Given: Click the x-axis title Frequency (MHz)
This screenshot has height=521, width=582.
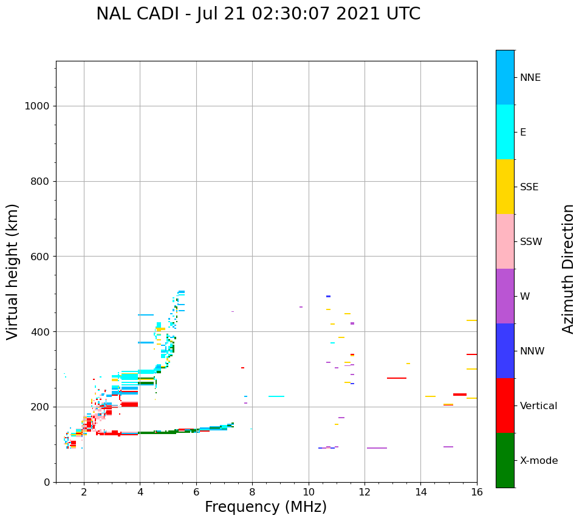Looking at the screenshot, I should (x=265, y=507).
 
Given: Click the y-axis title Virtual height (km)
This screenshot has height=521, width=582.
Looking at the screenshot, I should (x=13, y=272).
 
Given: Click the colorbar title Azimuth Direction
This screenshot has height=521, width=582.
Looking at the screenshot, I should (x=568, y=269).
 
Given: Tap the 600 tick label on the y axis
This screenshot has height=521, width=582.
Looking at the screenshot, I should (x=39, y=257).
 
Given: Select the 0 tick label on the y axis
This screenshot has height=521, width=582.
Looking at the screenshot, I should (x=46, y=482).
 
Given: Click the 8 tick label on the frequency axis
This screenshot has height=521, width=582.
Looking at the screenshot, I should (x=252, y=492).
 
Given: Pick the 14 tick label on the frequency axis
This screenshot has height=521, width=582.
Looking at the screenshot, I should (x=421, y=492).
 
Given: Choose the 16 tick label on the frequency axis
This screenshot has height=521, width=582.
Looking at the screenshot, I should (x=477, y=492).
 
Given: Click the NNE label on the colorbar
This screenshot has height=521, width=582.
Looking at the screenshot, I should (x=530, y=78).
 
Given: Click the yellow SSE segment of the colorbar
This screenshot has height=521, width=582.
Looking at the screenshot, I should (x=505, y=187).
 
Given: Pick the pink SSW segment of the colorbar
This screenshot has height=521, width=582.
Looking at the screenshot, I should (x=505, y=241).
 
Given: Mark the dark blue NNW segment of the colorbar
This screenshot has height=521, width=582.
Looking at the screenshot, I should (x=505, y=351).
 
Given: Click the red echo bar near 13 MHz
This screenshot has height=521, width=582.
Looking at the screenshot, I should (x=397, y=378).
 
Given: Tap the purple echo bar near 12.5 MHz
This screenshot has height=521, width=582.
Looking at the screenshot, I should (x=377, y=448).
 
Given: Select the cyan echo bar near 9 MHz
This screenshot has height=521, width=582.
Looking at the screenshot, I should (x=276, y=396).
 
